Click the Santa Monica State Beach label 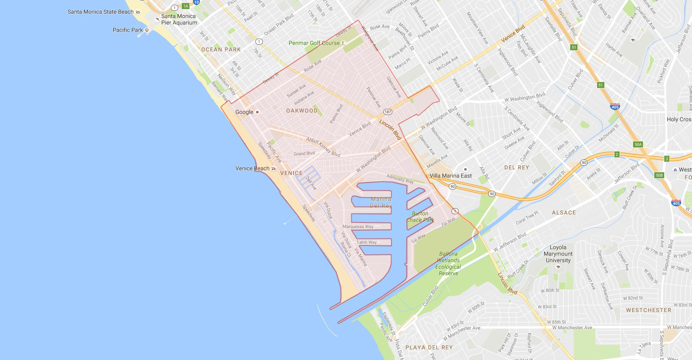coord(101,12)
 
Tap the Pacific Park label coord(128,30)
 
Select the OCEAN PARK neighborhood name coord(221,49)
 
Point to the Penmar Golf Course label coord(314,43)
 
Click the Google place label coord(245,112)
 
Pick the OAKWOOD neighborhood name coord(302,111)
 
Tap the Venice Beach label coord(252,168)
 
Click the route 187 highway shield coord(388,112)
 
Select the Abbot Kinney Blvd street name coord(323,147)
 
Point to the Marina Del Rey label coord(381,203)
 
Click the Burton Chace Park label coord(420,216)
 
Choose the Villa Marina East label coord(450,176)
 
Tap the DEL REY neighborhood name coord(516,167)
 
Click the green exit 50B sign coord(659,175)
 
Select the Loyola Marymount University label coord(558,254)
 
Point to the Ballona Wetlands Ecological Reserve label coord(448,263)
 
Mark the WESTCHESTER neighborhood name coord(648,310)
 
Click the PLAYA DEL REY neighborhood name coord(429,347)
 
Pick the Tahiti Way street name coord(366,242)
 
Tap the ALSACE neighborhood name coord(564,213)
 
